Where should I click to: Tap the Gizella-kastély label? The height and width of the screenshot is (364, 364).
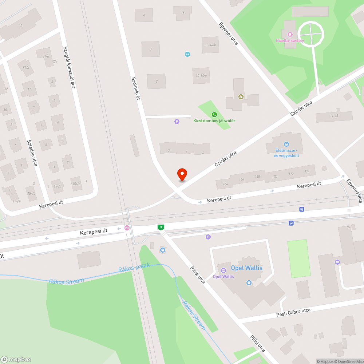tap(290, 40)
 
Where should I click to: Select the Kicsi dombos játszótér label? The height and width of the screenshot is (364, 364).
tap(214, 120)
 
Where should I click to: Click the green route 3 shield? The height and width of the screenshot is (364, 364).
tap(161, 227)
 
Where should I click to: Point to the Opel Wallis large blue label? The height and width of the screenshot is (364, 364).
tap(246, 268)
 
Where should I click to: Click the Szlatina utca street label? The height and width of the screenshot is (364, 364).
tap(32, 153)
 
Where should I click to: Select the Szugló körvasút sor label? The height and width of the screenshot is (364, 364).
tap(69, 67)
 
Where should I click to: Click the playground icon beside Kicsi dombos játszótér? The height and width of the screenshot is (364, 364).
tap(214, 114)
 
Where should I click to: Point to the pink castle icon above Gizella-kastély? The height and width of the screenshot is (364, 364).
tap(286, 35)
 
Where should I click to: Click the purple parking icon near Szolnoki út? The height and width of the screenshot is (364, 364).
tap(177, 122)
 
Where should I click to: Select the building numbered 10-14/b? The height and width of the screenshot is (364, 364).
tap(210, 45)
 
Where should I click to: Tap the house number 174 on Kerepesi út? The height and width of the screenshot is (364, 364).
tap(308, 171)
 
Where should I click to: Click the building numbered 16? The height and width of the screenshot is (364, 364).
tap(183, 13)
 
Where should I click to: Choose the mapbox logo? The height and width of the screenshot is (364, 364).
tap(16, 359)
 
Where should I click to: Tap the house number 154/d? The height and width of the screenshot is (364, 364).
tap(76, 184)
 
